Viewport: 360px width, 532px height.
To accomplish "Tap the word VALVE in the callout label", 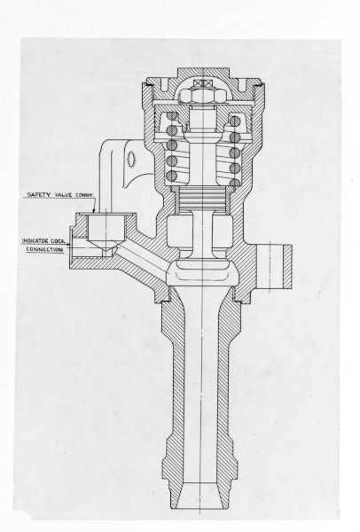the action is click(62, 195).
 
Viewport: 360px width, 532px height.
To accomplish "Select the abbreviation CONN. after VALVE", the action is click(84, 195).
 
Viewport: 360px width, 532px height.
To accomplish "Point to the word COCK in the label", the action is click(58, 241).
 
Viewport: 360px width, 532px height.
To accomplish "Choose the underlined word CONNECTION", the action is click(44, 249).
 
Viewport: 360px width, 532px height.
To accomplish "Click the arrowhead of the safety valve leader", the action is click(94, 211).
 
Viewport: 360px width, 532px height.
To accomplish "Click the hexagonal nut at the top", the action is click(201, 96).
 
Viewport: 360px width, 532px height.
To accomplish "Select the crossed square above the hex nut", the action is click(201, 84).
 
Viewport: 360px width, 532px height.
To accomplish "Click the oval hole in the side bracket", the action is click(131, 159).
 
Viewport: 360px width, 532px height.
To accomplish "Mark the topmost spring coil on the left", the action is click(172, 117).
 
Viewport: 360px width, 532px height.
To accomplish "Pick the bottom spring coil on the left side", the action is click(172, 176).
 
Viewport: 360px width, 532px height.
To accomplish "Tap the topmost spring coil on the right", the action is click(235, 121).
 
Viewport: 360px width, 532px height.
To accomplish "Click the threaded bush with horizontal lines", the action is click(202, 198).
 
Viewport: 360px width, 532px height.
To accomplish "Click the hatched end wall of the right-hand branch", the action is click(287, 266).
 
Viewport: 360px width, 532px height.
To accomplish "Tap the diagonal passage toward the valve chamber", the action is click(143, 258).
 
